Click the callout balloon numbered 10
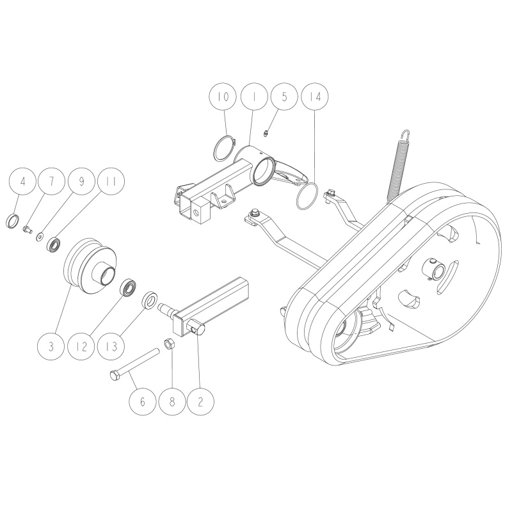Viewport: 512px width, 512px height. click(x=223, y=97)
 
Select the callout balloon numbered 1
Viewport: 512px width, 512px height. click(x=253, y=97)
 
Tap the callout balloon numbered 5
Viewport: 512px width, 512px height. click(x=284, y=97)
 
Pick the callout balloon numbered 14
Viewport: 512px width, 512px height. click(x=315, y=97)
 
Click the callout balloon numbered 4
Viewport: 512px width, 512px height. click(x=23, y=182)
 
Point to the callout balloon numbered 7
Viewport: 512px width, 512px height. click(x=52, y=182)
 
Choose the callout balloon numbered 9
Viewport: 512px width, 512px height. click(x=82, y=182)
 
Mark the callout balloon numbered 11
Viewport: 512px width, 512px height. click(x=111, y=182)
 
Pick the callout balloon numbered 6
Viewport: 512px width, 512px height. click(x=142, y=402)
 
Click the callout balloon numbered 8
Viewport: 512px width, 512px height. click(x=172, y=402)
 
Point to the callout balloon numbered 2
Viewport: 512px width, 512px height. click(x=201, y=402)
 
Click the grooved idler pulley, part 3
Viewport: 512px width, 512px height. click(x=90, y=266)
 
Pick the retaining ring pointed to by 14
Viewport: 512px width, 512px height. click(x=307, y=198)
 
